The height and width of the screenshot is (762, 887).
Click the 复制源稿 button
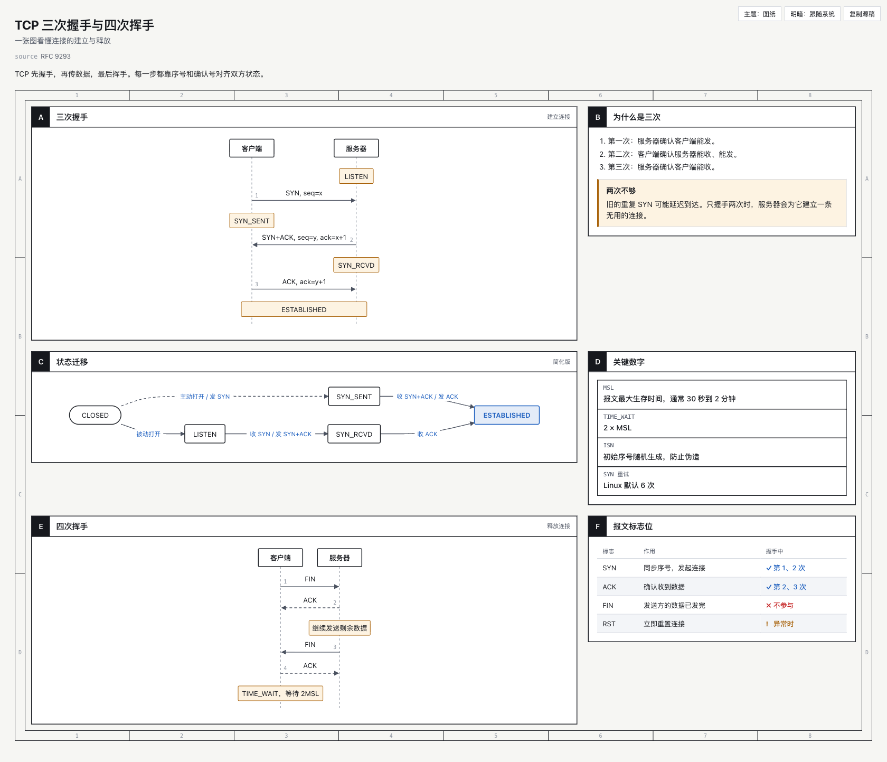click(862, 14)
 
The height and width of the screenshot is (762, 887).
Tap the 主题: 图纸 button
click(759, 14)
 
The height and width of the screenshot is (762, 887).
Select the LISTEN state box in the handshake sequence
click(356, 176)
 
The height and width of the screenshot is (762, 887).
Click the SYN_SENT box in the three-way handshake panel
click(252, 221)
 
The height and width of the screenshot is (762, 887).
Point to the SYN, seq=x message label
click(304, 193)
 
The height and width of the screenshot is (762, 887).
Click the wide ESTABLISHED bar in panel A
click(304, 309)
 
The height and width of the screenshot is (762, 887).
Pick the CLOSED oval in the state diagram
click(95, 415)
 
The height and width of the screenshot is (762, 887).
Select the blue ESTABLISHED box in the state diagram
click(507, 415)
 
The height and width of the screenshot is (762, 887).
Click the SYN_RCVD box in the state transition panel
click(354, 434)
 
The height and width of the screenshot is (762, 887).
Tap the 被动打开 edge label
click(148, 434)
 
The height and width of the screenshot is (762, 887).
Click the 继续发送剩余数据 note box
click(339, 628)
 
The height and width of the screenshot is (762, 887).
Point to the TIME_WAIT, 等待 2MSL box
click(280, 693)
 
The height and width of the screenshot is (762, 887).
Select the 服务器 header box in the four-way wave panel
click(339, 558)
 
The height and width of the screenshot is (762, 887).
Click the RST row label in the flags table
click(609, 624)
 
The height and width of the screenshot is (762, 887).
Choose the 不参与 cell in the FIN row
click(780, 605)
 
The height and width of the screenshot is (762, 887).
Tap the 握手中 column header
click(775, 551)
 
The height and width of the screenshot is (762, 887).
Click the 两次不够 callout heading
click(621, 191)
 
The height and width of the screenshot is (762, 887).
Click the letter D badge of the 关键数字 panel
click(598, 362)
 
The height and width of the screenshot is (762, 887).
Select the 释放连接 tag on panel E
click(559, 526)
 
